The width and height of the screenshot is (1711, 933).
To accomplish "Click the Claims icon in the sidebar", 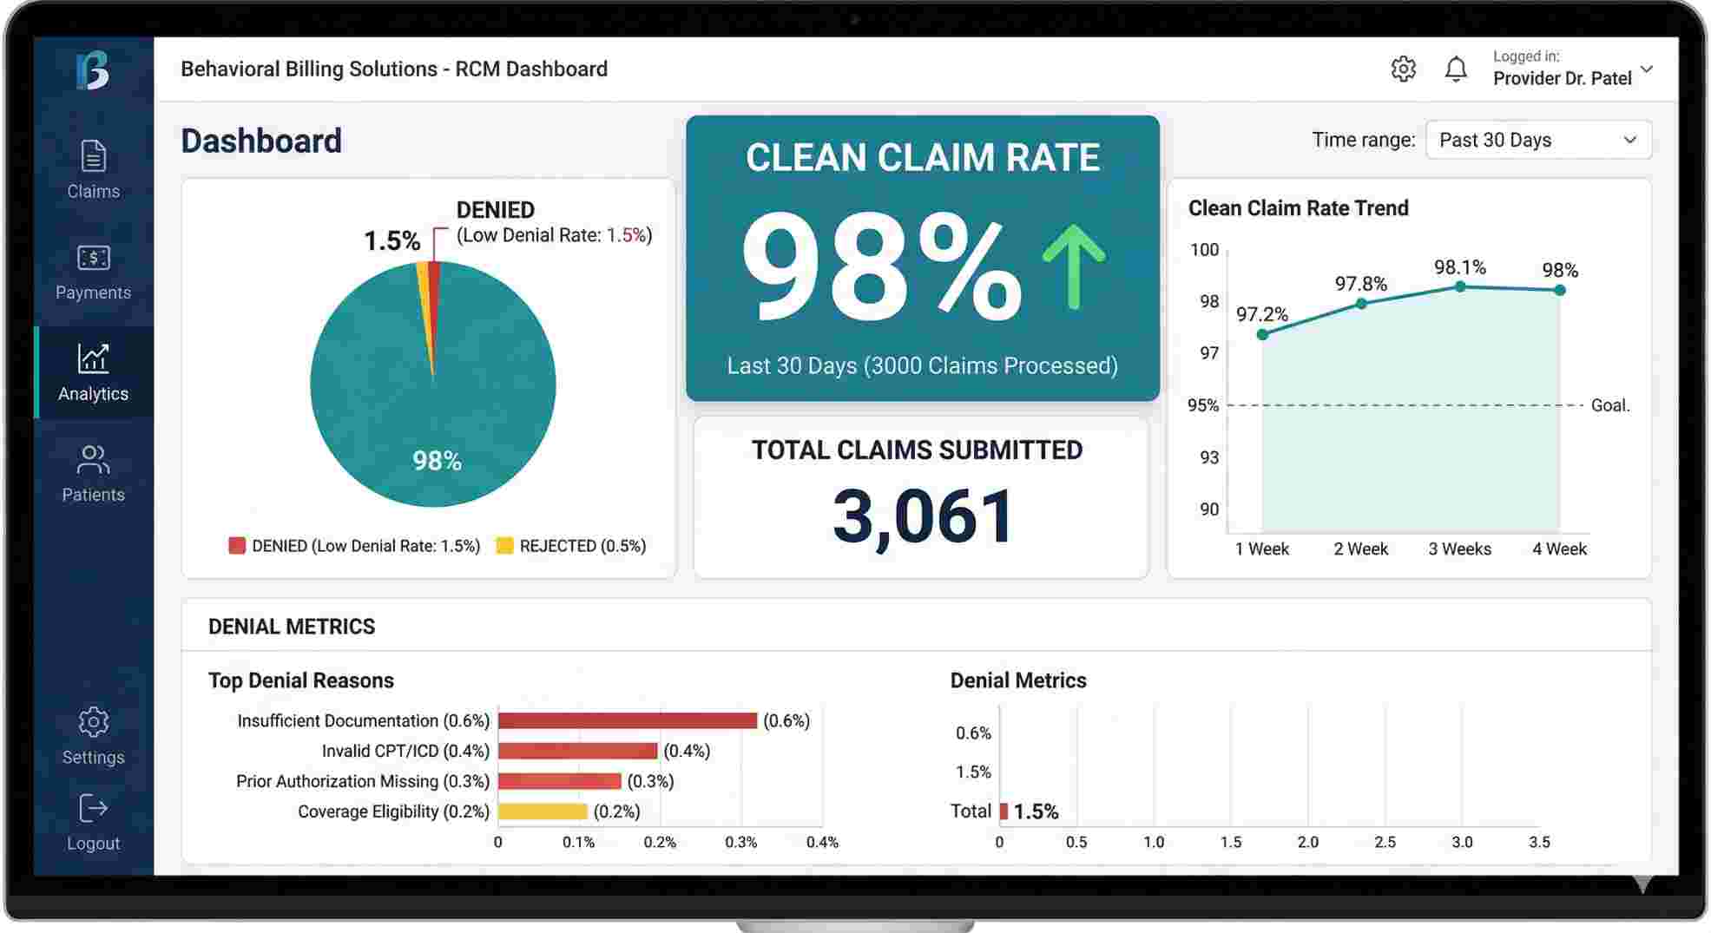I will click(93, 157).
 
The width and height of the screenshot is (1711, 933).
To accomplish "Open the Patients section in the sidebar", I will click(93, 473).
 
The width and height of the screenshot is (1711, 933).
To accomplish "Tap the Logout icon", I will click(93, 808).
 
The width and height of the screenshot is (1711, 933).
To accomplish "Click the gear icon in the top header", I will click(1403, 69).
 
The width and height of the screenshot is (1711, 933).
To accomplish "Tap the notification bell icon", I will click(1456, 69).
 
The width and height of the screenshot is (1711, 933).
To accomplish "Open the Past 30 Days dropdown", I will click(1538, 140).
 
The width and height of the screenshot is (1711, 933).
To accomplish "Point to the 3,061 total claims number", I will click(923, 516).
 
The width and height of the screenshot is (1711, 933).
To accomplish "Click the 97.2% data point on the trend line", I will click(1262, 335).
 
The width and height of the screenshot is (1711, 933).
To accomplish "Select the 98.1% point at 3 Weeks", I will click(1460, 286).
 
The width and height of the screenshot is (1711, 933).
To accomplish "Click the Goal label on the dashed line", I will click(1609, 405).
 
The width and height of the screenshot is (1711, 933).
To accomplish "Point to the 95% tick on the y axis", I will click(1203, 405).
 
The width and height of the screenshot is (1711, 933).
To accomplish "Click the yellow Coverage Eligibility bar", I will click(543, 811).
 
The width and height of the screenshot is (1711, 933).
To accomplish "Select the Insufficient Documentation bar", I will click(627, 720).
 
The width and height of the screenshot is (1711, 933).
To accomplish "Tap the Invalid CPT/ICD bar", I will click(577, 751).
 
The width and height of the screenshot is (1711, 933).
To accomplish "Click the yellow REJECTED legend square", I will click(504, 546).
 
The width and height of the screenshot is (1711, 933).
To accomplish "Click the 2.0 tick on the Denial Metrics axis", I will click(1307, 842).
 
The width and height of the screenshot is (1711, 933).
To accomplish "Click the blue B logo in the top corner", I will click(93, 69).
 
